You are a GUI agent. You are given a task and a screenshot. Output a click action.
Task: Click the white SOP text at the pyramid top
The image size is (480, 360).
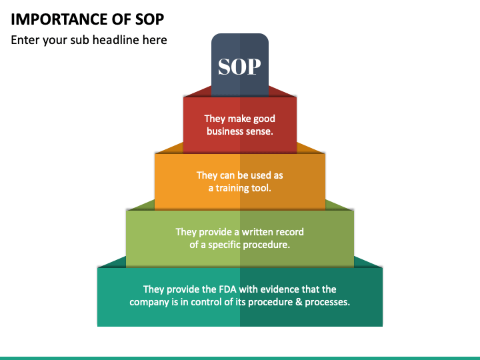point(239,67)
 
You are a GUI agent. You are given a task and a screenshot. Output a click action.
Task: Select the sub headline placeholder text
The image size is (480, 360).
point(89,40)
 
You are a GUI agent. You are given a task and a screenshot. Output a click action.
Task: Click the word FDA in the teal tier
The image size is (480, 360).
point(227,289)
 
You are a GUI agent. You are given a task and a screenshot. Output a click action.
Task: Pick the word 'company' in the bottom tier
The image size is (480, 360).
point(150,302)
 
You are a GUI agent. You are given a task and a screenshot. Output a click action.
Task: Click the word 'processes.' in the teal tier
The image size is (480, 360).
point(327,302)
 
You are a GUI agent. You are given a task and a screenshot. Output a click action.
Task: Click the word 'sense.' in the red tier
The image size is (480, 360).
point(260,131)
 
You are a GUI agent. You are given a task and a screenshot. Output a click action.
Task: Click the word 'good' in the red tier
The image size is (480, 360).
point(263,119)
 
